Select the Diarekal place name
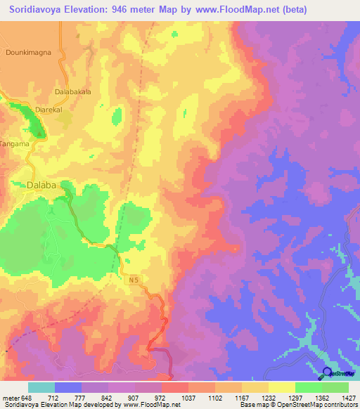49,110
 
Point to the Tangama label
15,144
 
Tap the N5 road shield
134,280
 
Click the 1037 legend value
188,397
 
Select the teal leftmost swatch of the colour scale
41,387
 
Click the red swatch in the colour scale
174,387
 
